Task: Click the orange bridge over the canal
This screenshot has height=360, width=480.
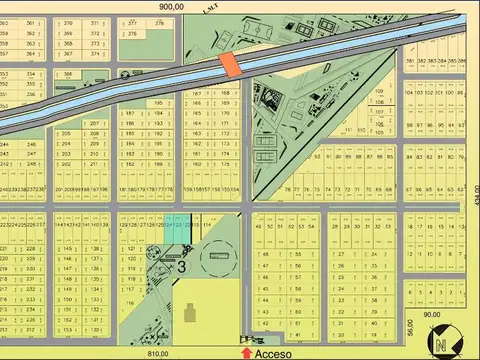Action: pyautogui.click(x=229, y=64)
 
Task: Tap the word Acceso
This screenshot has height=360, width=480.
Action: pyautogui.click(x=272, y=353)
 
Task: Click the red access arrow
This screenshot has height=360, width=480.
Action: pyautogui.click(x=246, y=352)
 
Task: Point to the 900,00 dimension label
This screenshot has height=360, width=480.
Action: pyautogui.click(x=171, y=6)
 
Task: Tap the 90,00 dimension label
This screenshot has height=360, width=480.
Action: pyautogui.click(x=431, y=315)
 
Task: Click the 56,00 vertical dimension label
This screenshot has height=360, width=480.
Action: pyautogui.click(x=409, y=327)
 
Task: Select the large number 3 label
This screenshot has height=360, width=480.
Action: pyautogui.click(x=183, y=266)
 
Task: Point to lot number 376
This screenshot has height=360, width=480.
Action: pyautogui.click(x=132, y=34)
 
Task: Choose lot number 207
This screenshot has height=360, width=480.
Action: pyautogui.click(x=94, y=123)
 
